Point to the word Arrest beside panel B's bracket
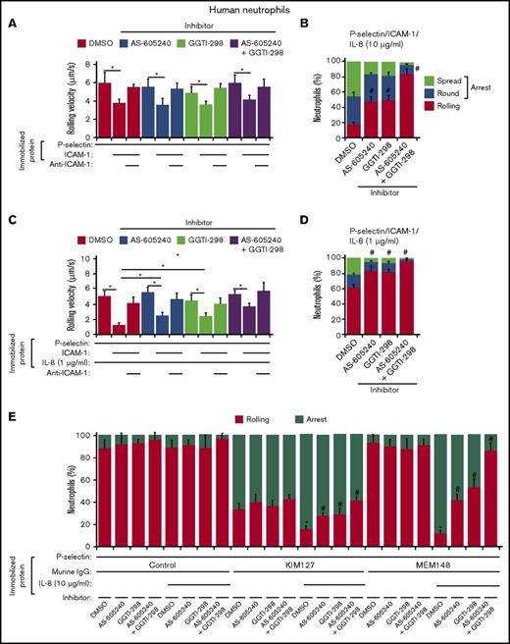pyautogui.click(x=487, y=85)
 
